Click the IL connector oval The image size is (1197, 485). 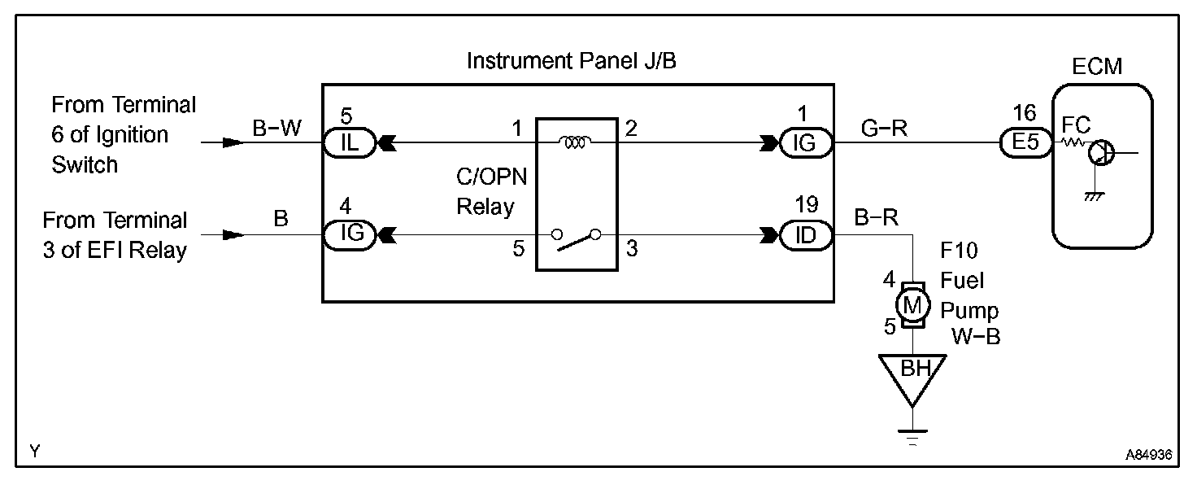(x=349, y=143)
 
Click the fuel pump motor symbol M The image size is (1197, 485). (x=912, y=304)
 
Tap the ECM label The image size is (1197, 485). (x=1096, y=67)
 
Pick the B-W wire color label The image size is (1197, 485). (x=276, y=129)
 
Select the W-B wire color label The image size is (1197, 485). (x=976, y=336)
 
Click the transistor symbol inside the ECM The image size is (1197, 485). (x=1102, y=151)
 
